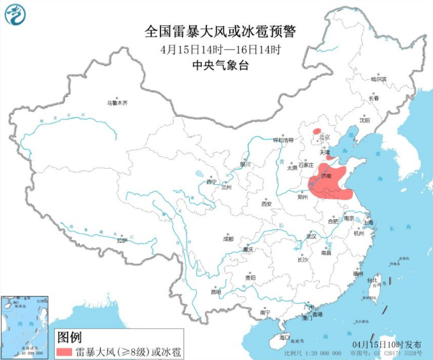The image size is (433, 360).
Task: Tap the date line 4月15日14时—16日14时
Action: coord(216,49)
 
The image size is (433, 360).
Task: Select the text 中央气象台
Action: coord(216,65)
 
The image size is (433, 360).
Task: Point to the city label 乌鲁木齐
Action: coord(117,102)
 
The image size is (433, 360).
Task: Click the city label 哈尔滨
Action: coord(379,80)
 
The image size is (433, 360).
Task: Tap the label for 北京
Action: coord(324,137)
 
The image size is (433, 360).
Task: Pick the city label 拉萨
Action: coord(122,240)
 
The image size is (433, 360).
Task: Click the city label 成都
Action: coord(228,239)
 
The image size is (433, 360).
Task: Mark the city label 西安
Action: coord(266,204)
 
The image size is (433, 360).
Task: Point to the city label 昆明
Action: coord(216,292)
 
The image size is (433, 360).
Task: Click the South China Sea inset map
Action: coord(25,324)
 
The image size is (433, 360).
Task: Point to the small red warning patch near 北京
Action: coord(316,131)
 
